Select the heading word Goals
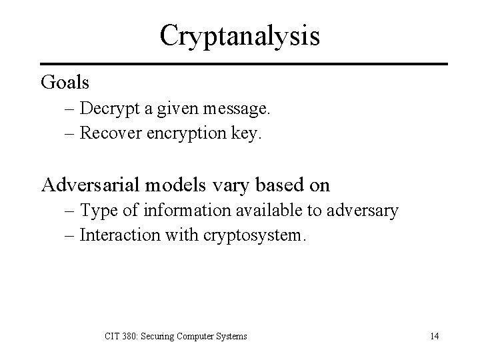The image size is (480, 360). coord(65,83)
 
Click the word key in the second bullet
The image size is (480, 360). coord(247,134)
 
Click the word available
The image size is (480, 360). coord(263,211)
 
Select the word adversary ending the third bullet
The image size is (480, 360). coord(362,212)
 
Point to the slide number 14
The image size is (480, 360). coord(434,336)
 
